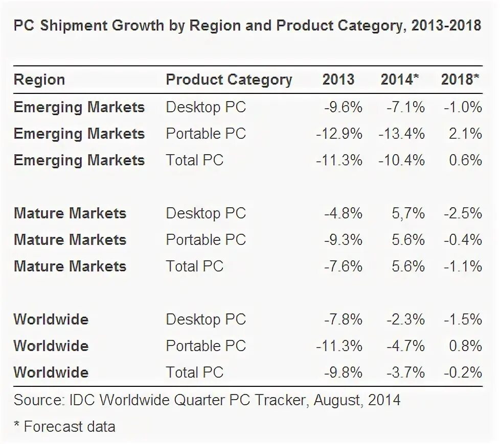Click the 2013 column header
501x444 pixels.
338,80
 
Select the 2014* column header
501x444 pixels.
400,80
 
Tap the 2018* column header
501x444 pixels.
460,80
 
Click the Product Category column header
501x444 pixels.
229,80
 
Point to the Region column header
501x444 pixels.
39,80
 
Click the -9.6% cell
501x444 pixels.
343,107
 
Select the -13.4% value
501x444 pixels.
402,134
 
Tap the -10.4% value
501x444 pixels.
402,160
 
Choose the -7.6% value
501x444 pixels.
343,266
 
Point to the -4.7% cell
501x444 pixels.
405,346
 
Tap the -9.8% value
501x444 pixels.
343,373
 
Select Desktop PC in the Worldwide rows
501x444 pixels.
206,319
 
